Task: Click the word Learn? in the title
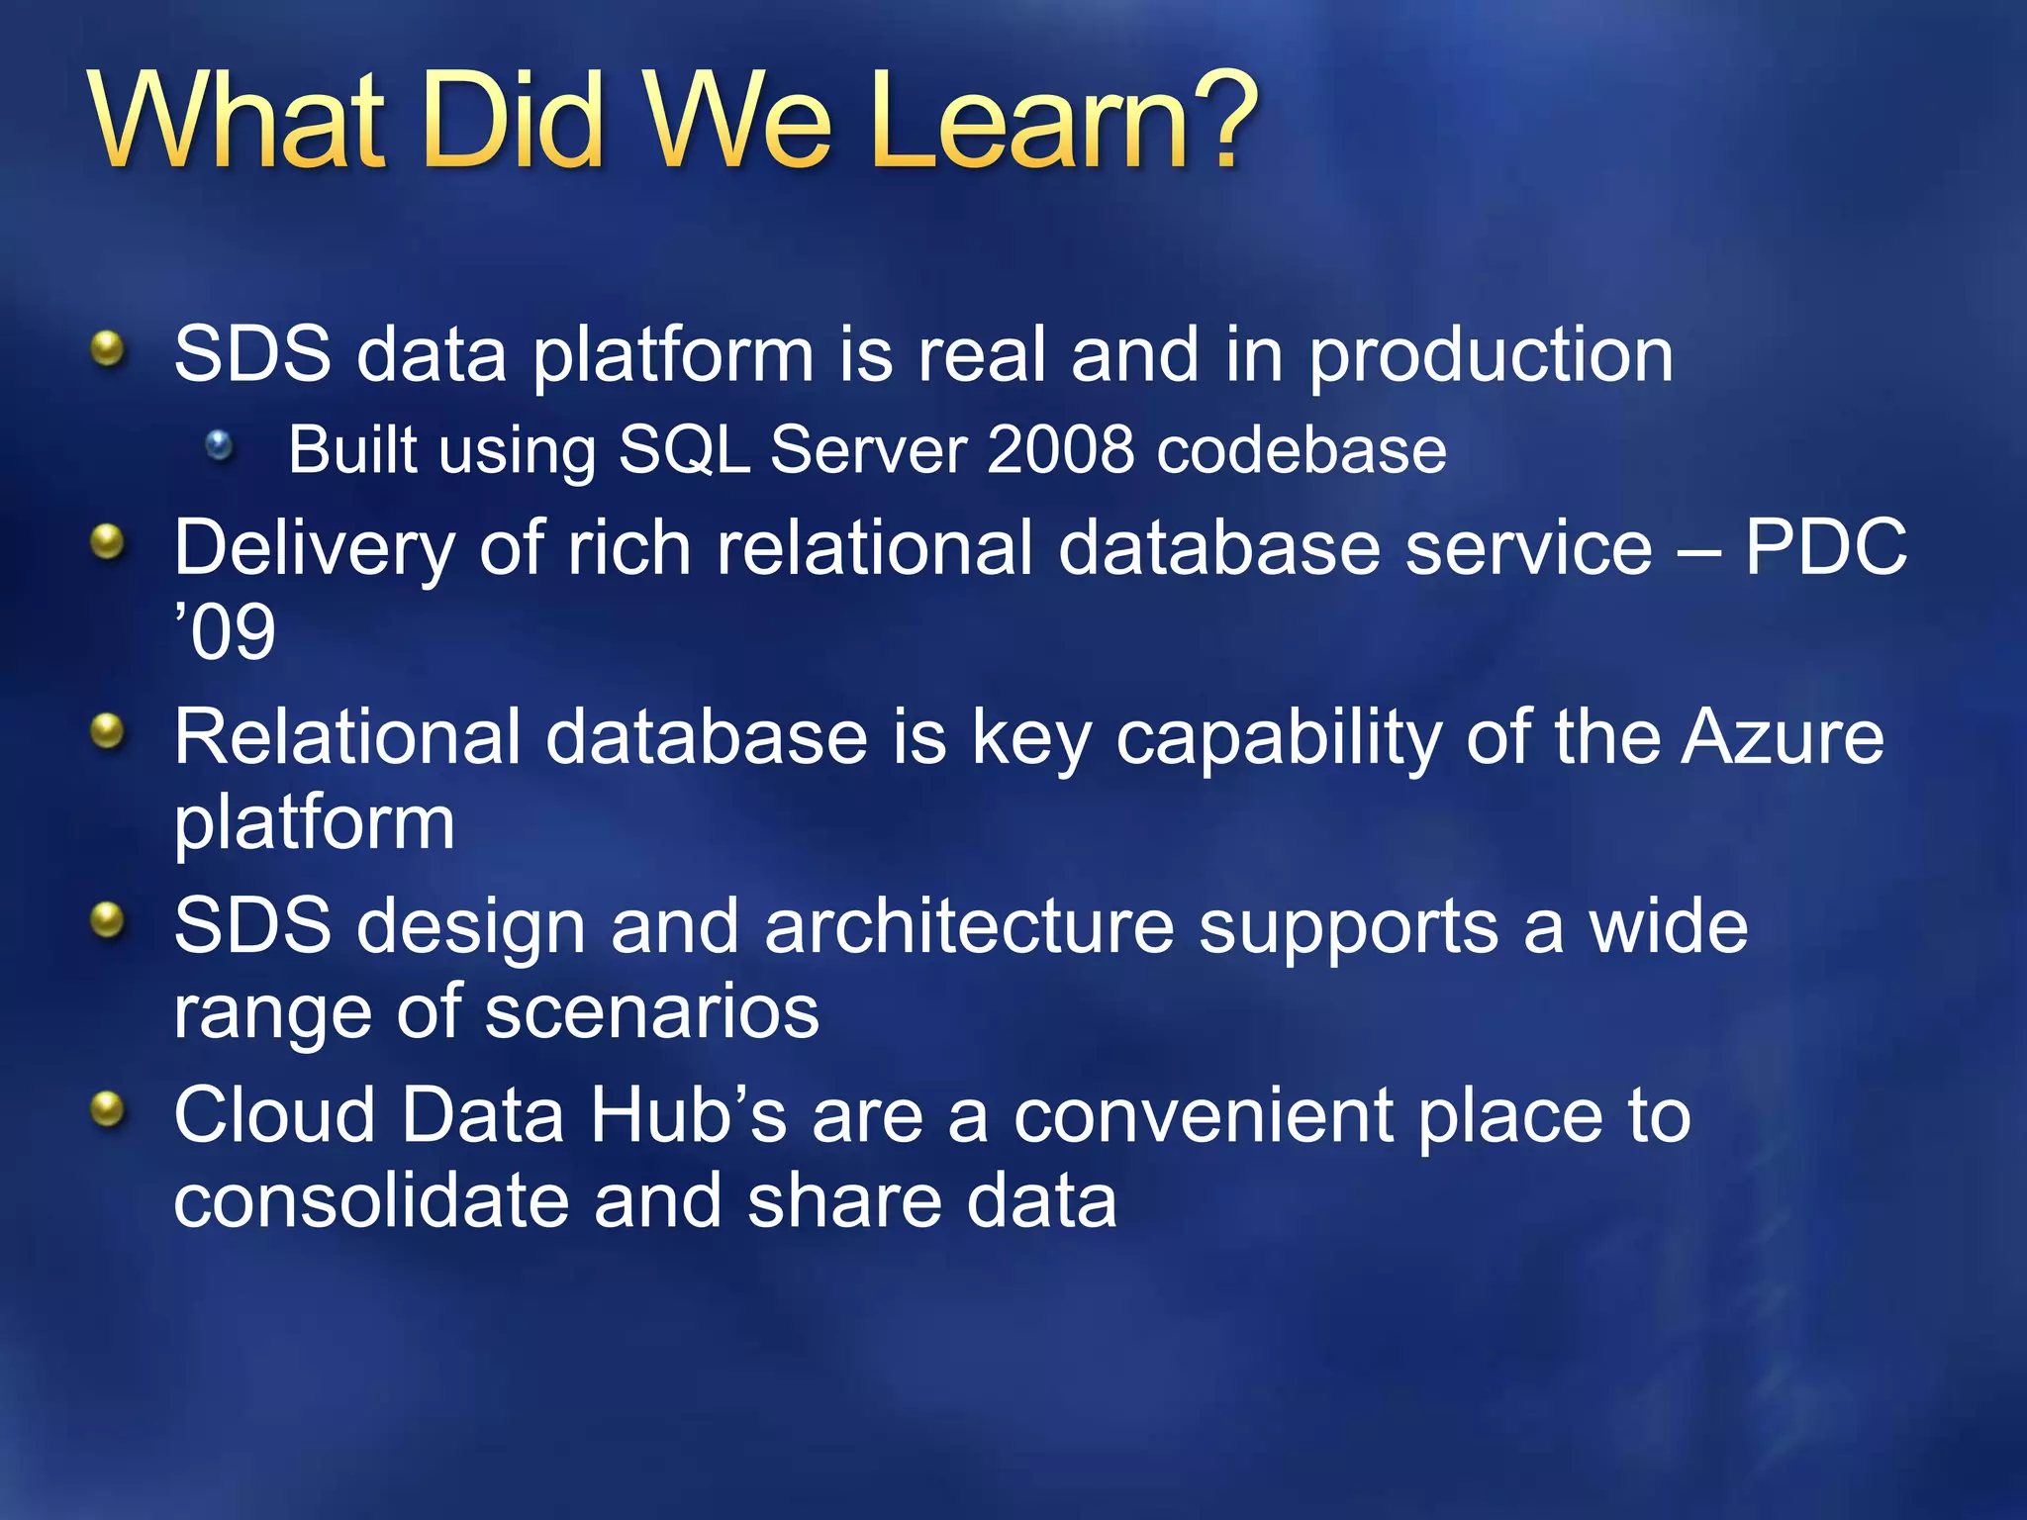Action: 1064,121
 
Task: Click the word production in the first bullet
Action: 1491,356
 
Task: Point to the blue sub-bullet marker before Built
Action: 220,446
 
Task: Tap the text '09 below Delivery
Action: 225,632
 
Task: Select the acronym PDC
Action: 1825,547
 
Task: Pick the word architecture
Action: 969,927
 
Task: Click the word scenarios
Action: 652,1012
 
